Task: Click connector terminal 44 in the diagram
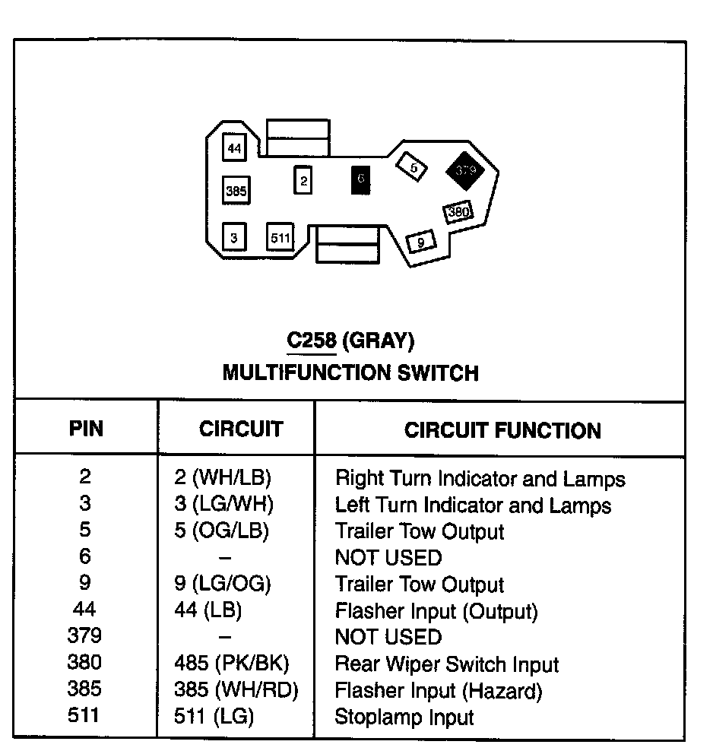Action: [234, 148]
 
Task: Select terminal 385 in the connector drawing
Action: [236, 191]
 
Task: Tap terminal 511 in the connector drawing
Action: [280, 238]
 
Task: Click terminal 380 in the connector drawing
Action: [458, 212]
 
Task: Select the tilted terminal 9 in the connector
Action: [420, 242]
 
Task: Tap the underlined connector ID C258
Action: [311, 341]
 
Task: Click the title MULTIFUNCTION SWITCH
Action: [350, 373]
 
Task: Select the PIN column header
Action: [86, 429]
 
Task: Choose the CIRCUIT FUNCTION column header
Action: [502, 430]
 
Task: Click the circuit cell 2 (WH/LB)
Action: [223, 478]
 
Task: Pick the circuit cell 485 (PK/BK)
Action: [232, 664]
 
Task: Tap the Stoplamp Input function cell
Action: [404, 717]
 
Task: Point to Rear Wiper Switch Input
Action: [447, 664]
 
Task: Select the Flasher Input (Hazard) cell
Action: [439, 691]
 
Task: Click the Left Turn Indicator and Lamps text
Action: [473, 505]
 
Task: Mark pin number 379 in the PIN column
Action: [84, 636]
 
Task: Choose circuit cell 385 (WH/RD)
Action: [236, 690]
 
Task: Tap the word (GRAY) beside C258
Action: [379, 341]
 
